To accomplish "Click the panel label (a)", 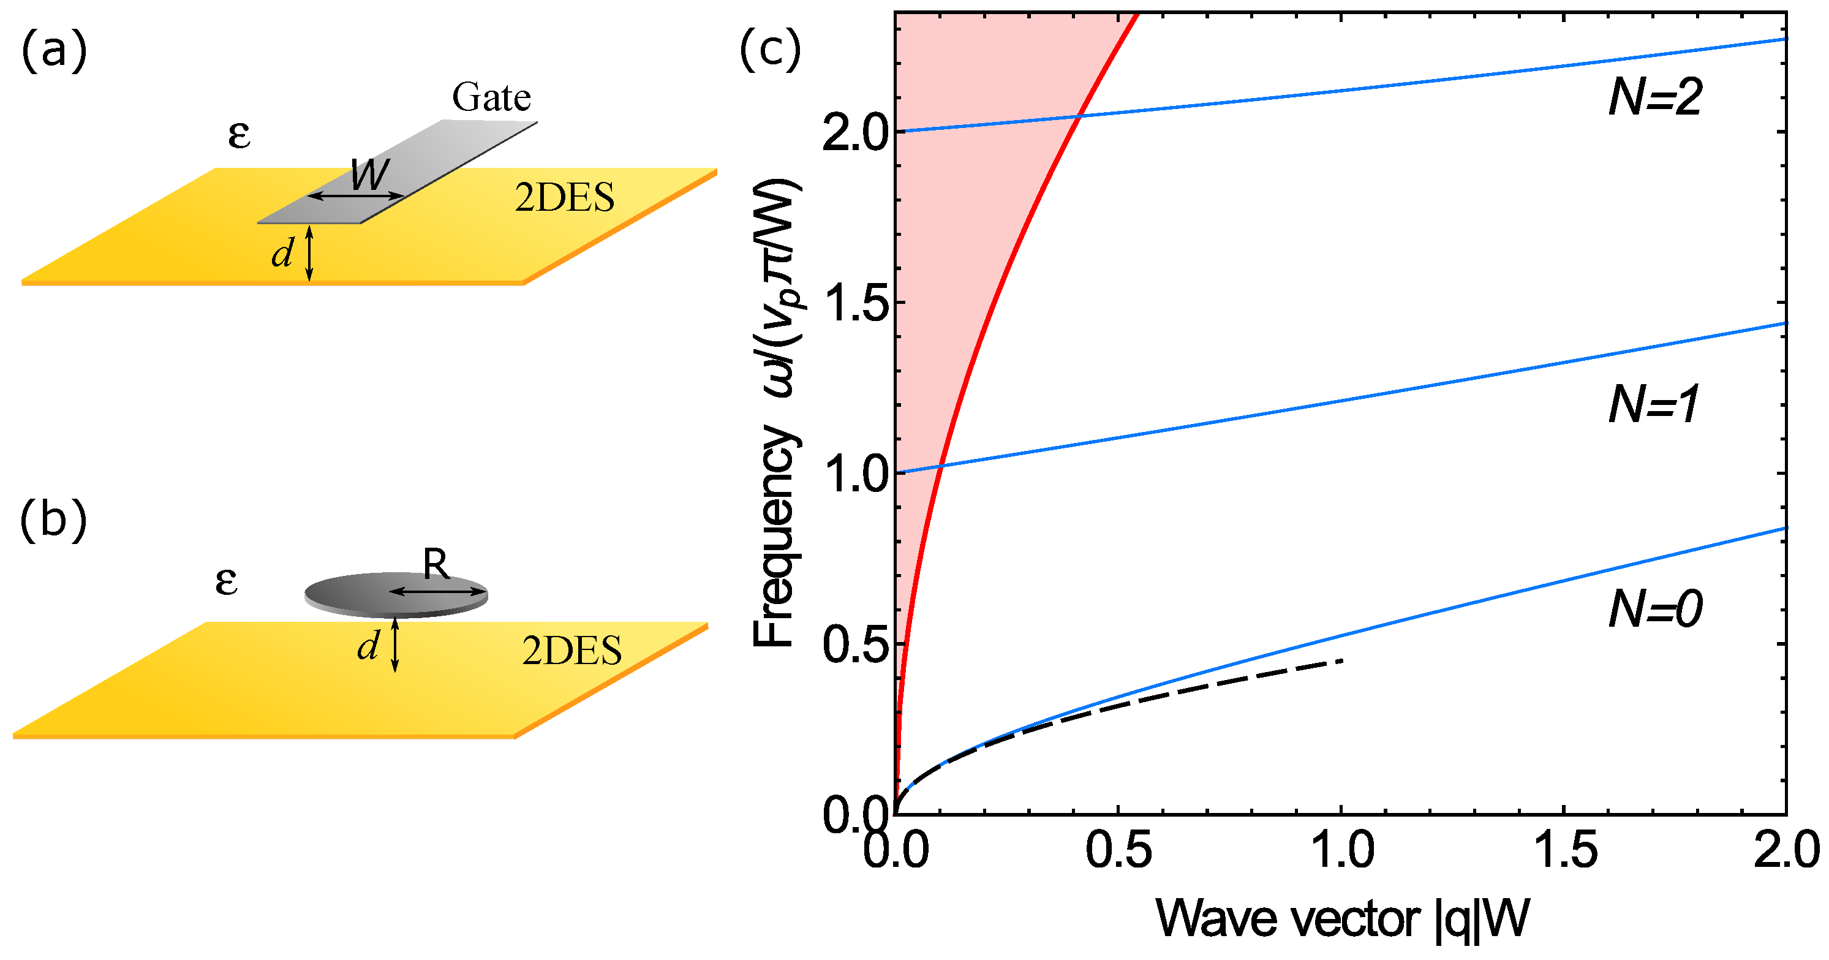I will pyautogui.click(x=54, y=53).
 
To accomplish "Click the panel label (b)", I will pyautogui.click(x=53, y=521).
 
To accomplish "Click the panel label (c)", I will pyautogui.click(x=770, y=51).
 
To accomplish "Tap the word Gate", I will pyautogui.click(x=491, y=97).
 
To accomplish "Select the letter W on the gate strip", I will pyautogui.click(x=370, y=174).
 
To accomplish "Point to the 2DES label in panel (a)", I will pyautogui.click(x=565, y=197).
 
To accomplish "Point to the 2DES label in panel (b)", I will pyautogui.click(x=571, y=651).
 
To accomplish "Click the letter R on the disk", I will pyautogui.click(x=436, y=565).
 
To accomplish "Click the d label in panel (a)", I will pyautogui.click(x=282, y=254).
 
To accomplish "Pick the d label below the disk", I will pyautogui.click(x=368, y=647).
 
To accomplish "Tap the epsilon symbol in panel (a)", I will pyautogui.click(x=239, y=134).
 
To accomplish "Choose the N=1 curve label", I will pyautogui.click(x=1653, y=405).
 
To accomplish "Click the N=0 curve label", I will pyautogui.click(x=1654, y=608).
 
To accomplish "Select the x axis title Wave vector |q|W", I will pyautogui.click(x=1342, y=920).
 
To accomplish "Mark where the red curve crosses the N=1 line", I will pyautogui.click(x=940, y=466).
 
